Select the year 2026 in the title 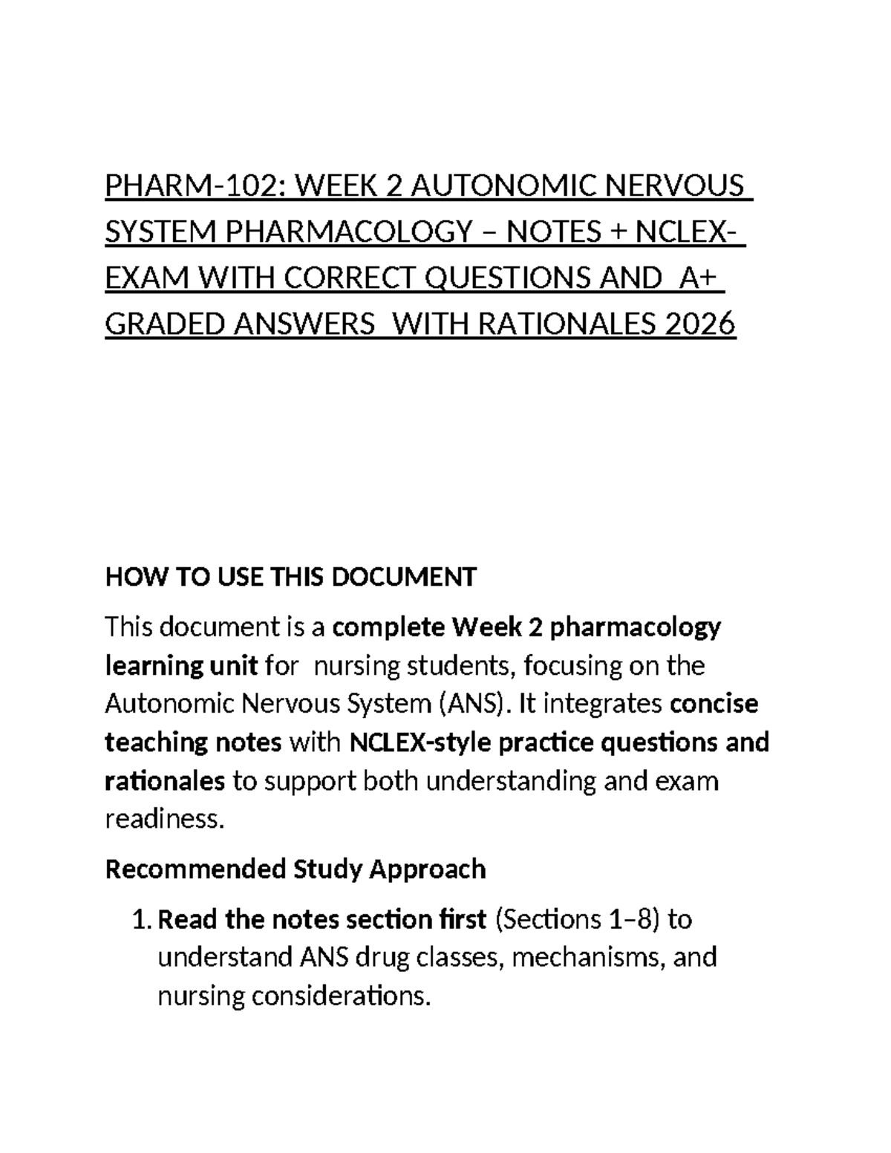tap(700, 324)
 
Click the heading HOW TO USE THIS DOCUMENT tap(290, 576)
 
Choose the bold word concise tap(714, 704)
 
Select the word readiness tap(164, 819)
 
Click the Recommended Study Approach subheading tap(296, 869)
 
